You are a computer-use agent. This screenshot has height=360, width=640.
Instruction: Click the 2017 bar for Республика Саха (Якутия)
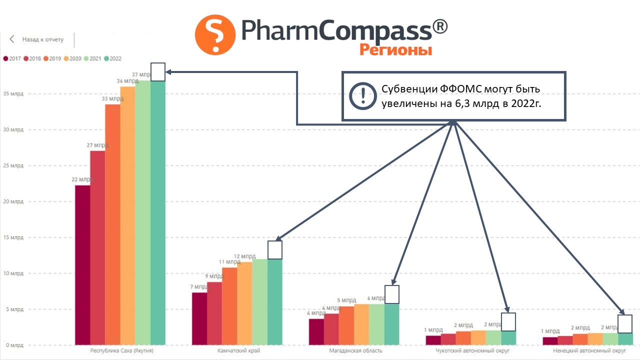click(82, 265)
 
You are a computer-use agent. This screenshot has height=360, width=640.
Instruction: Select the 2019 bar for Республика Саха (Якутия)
click(112, 224)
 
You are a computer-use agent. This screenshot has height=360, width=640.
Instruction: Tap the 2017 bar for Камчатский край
click(199, 318)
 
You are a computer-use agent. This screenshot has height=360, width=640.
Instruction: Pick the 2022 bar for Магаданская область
click(391, 324)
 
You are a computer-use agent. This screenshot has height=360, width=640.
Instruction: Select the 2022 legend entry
click(113, 58)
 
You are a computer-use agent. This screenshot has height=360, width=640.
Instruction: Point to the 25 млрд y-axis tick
click(13, 165)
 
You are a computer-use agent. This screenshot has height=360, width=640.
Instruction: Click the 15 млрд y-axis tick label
click(13, 237)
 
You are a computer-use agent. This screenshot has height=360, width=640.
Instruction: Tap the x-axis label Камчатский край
click(239, 351)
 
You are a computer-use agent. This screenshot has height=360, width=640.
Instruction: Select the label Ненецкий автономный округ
click(589, 351)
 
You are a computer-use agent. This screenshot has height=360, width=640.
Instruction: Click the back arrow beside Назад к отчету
click(12, 39)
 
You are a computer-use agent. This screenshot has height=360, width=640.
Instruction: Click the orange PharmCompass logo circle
click(215, 34)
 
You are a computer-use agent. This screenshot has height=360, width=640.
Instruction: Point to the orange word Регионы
click(395, 49)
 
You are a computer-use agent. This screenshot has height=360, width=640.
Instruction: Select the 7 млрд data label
click(198, 287)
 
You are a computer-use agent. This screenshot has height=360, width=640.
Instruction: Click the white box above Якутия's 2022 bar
click(158, 71)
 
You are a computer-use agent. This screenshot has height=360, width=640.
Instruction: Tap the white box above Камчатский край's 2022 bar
click(275, 249)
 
